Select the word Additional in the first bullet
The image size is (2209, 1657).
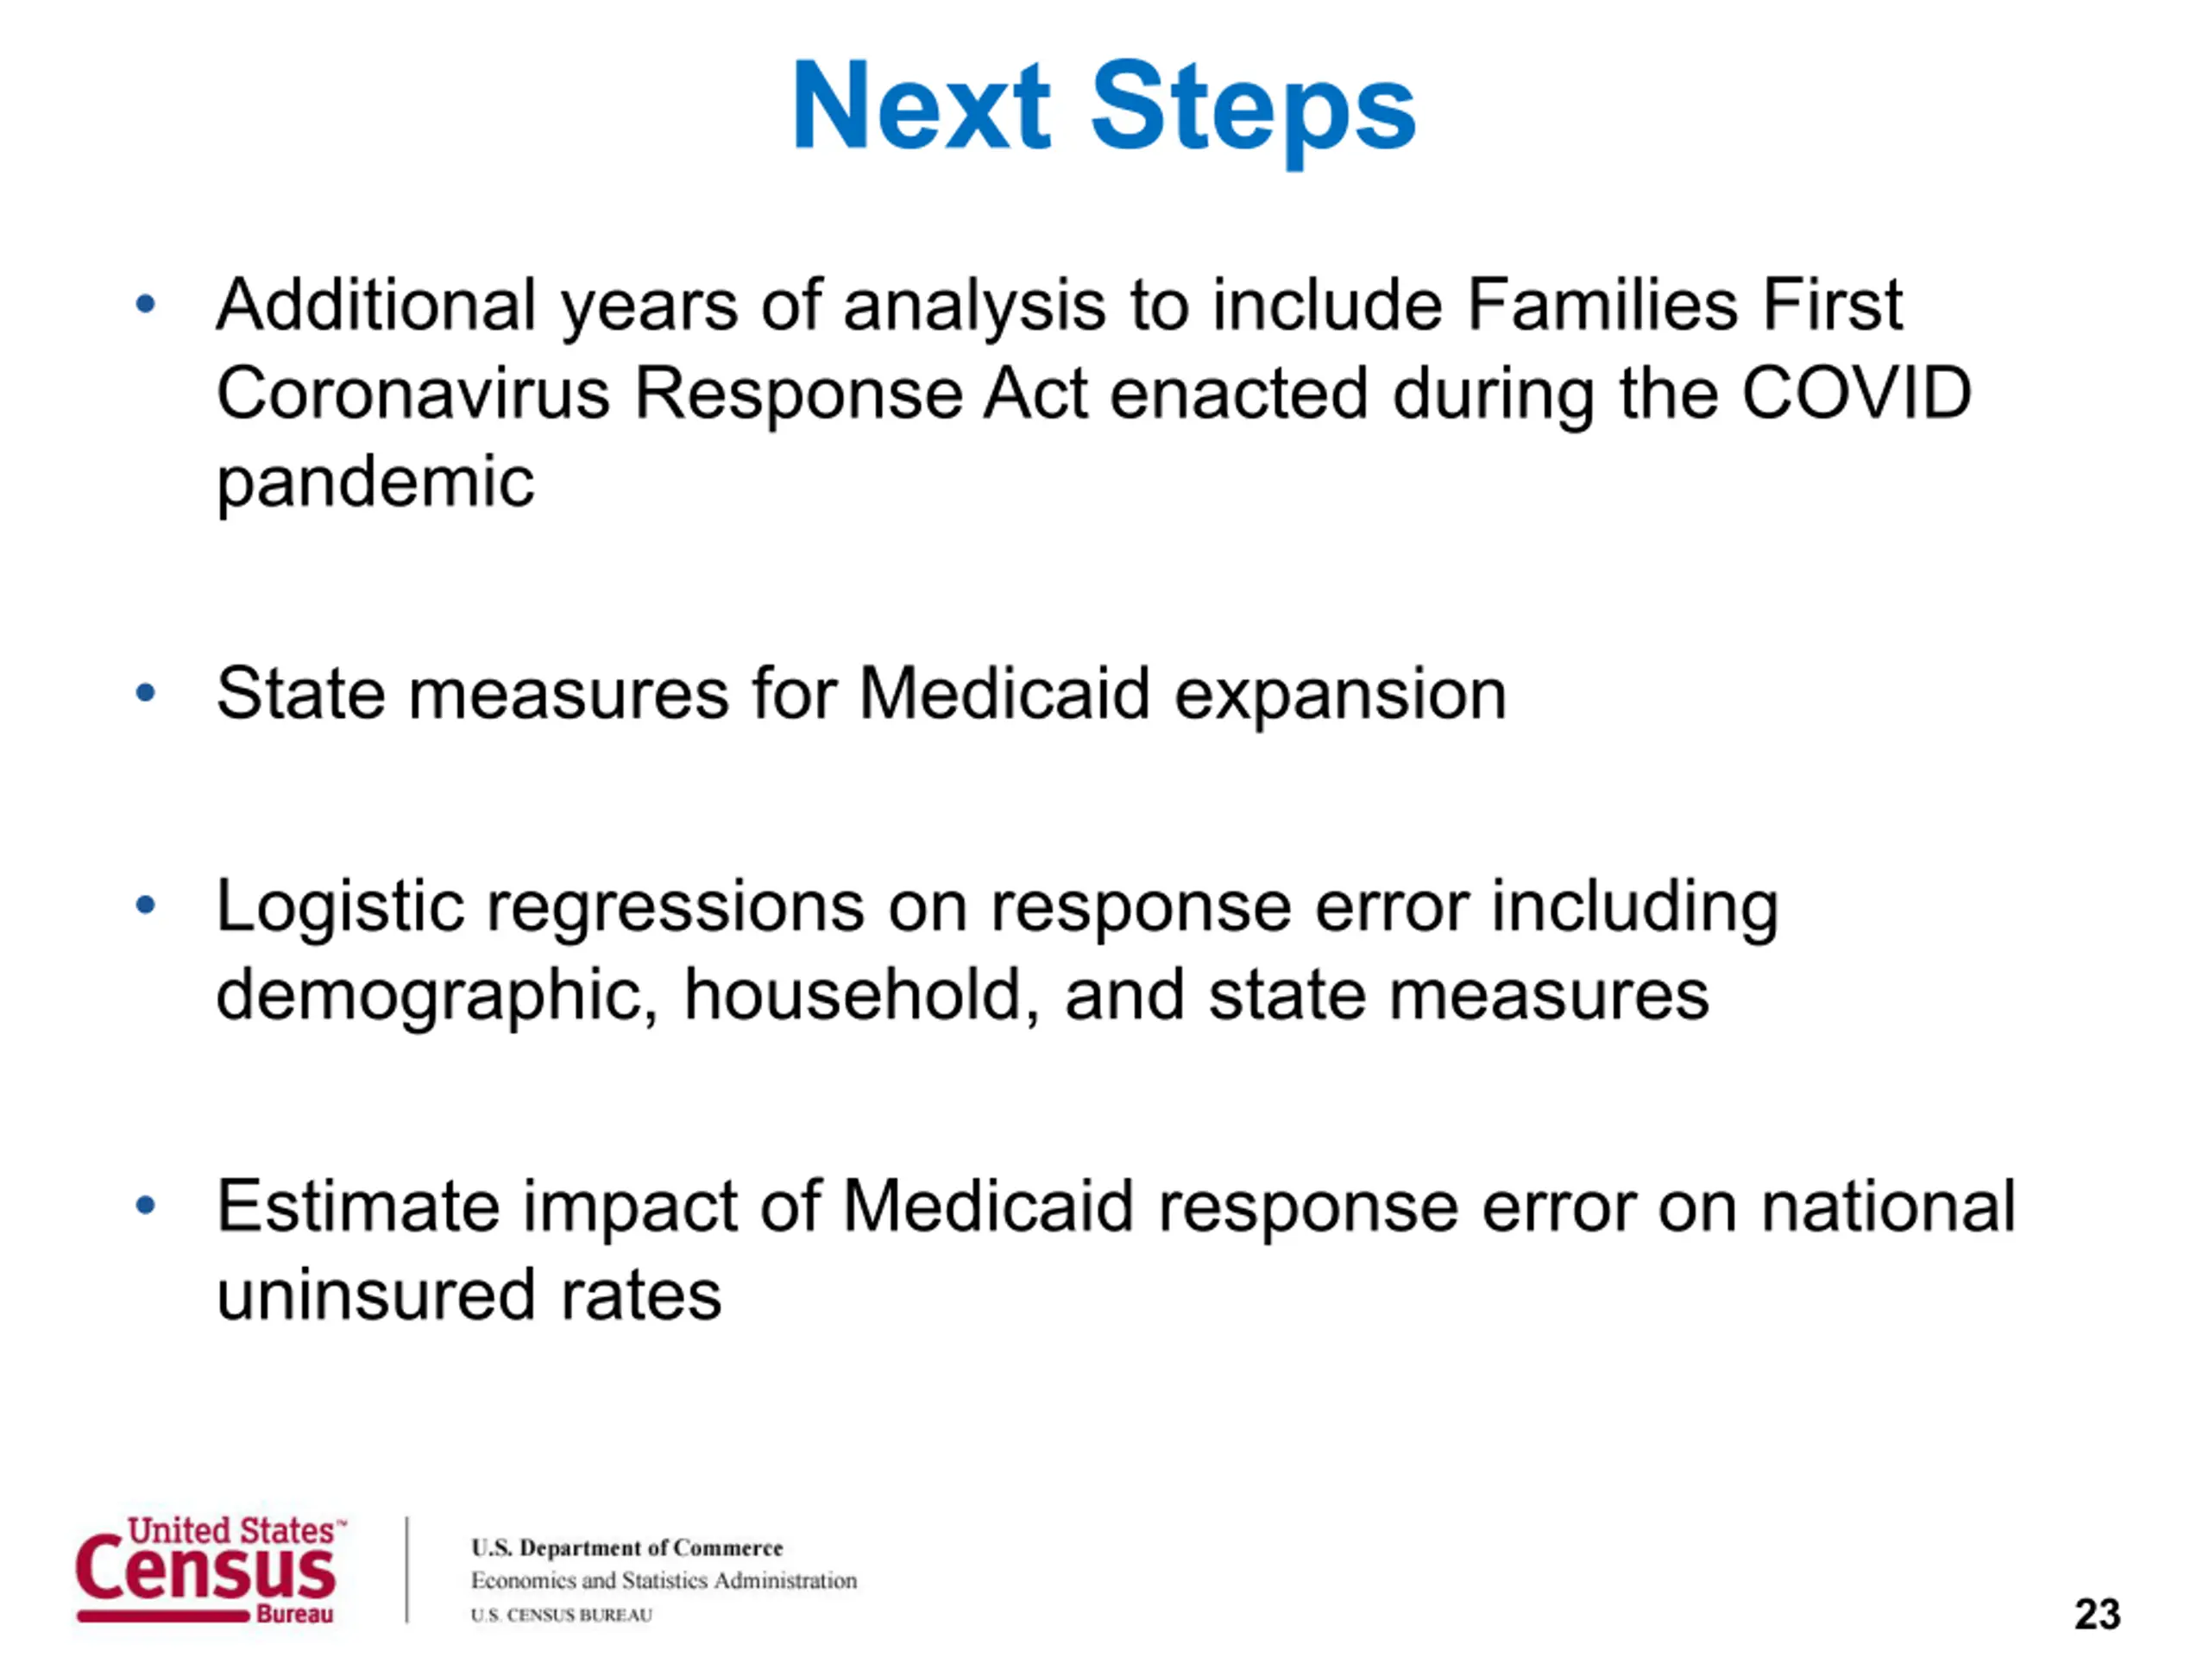(376, 304)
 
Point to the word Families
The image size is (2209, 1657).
(1602, 304)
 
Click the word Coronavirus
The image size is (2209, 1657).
(412, 393)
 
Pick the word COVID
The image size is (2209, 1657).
(1856, 393)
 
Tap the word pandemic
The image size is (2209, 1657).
(375, 483)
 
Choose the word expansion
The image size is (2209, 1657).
(1339, 696)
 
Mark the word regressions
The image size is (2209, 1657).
(677, 909)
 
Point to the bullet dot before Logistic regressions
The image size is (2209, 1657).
(146, 905)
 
